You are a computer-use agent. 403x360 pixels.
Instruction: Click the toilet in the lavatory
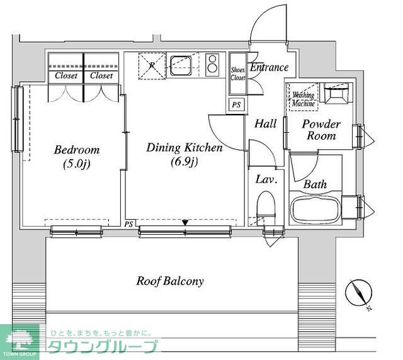tap(266, 205)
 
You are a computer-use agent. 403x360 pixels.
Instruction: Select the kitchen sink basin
tap(181, 65)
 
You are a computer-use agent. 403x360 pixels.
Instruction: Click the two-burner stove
tap(212, 65)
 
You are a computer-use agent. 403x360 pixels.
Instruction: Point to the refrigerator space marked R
tap(152, 66)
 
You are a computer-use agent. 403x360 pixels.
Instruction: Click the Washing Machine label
tap(304, 99)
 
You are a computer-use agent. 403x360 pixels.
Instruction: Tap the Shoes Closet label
tap(238, 74)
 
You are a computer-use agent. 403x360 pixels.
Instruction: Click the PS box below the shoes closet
tap(237, 104)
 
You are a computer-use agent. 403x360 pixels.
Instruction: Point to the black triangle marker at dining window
tap(185, 223)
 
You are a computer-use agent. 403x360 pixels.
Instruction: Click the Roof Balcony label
tap(170, 281)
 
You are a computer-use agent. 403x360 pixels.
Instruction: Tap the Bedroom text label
tap(77, 150)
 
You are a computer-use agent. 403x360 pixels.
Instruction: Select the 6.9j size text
tap(184, 162)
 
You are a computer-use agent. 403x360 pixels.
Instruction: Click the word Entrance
tap(269, 67)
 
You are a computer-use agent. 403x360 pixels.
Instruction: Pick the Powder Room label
tap(321, 130)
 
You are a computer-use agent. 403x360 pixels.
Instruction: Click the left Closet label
tap(66, 76)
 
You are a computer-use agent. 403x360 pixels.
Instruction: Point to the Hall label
tap(266, 123)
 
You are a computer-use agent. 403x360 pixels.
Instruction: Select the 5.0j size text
tap(77, 164)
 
